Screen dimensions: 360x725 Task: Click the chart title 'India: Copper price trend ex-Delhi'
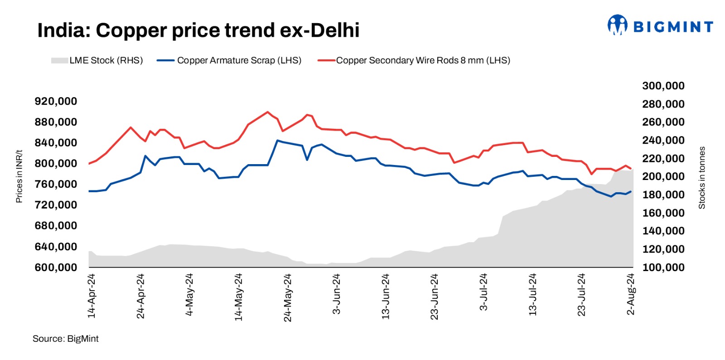point(198,30)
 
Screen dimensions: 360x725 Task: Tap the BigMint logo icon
point(617,25)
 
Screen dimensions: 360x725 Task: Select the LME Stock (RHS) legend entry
point(97,60)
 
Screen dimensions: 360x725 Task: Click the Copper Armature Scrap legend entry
point(229,60)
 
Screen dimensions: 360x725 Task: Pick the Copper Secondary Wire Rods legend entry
point(414,60)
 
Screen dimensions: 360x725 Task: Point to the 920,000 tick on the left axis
point(56,101)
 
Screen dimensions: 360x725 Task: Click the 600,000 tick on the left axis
point(56,268)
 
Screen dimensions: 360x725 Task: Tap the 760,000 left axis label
point(56,184)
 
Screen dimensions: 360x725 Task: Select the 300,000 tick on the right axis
point(663,86)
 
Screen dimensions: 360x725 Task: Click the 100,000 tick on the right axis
point(663,268)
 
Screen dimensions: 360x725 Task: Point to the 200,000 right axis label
point(663,176)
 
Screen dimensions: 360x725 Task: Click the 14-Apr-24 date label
point(92,296)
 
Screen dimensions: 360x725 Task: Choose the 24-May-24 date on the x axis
point(288,297)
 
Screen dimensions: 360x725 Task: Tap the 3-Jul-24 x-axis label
point(483,292)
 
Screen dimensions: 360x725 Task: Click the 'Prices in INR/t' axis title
point(19,176)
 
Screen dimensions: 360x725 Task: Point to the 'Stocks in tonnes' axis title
point(702,178)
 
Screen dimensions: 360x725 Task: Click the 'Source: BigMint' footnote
point(65,339)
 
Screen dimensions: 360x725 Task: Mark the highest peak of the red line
point(268,112)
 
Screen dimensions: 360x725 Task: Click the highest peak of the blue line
point(277,141)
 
